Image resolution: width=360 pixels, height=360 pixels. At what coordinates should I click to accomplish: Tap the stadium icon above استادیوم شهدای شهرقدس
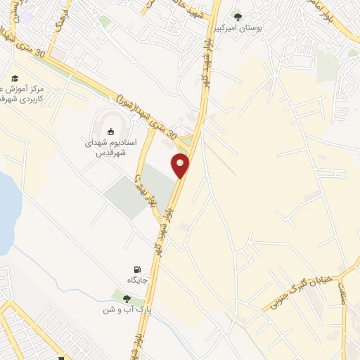pos(110,131)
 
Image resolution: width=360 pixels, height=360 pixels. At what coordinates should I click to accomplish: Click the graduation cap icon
pos(15,79)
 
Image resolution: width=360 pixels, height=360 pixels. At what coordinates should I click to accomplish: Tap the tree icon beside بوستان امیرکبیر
pos(237,17)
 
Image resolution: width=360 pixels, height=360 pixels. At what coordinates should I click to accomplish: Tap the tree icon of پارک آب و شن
pos(127,299)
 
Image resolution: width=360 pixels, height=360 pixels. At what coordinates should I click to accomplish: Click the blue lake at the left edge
pos(6,211)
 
